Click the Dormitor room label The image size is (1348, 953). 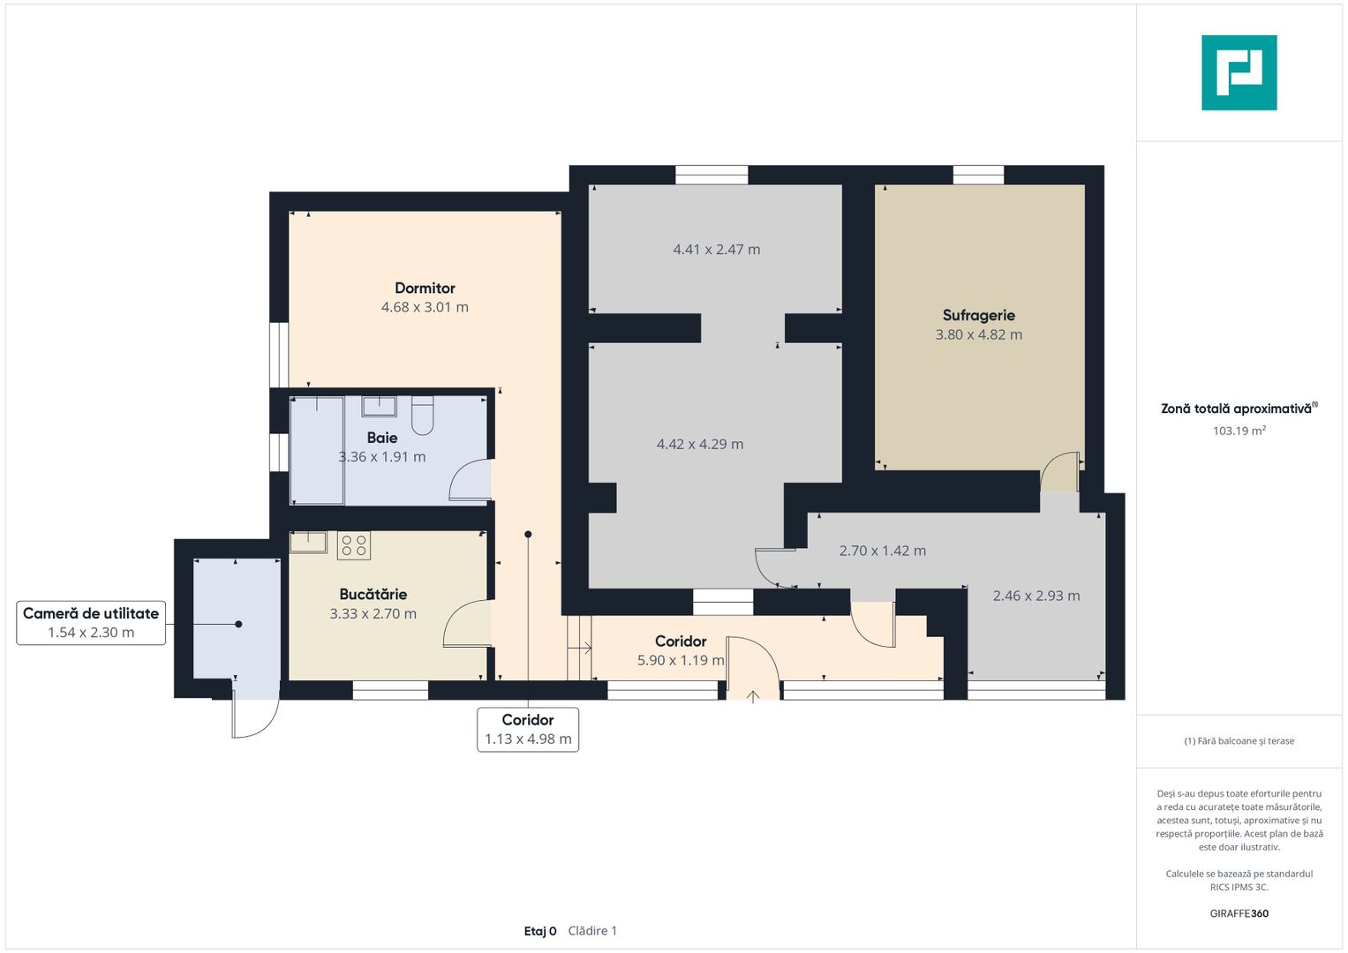(425, 289)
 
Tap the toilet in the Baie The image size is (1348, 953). (423, 415)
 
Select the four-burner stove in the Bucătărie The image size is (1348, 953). (354, 545)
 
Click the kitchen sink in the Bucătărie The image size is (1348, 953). (309, 542)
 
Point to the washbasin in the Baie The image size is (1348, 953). (379, 406)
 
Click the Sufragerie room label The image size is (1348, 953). (978, 315)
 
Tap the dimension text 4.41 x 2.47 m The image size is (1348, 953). (716, 249)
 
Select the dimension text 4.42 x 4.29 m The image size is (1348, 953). (700, 444)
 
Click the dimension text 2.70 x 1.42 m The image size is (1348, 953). (882, 551)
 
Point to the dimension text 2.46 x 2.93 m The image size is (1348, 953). (1036, 596)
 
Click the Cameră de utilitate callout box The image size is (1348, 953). (91, 623)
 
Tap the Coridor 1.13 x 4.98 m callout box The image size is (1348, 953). (528, 729)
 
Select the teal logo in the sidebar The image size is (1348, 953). (1239, 72)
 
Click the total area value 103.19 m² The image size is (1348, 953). (1239, 431)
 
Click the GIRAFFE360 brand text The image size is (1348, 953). (1239, 913)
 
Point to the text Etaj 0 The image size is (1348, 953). (540, 931)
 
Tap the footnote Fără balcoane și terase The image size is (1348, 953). (1239, 741)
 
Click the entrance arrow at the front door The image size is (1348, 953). (753, 697)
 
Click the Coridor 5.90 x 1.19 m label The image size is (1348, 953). (681, 650)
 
